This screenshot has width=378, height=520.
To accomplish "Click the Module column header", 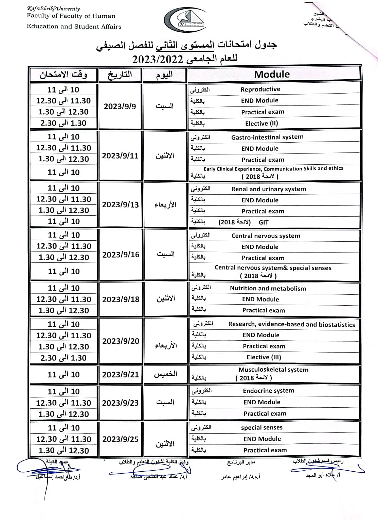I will (272, 74).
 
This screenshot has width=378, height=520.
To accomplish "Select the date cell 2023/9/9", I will (120, 106).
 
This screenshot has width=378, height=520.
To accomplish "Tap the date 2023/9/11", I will (120, 156).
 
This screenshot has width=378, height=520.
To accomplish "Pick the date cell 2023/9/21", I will (121, 374).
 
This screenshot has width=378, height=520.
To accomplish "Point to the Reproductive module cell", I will (260, 89).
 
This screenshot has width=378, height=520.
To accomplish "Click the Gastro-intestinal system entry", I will (267, 137).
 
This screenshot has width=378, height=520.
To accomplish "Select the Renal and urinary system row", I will (269, 189).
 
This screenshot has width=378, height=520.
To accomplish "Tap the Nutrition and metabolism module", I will (268, 288).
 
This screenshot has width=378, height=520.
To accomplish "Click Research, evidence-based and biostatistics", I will (291, 324).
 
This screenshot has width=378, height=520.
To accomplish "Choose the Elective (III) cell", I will (264, 357).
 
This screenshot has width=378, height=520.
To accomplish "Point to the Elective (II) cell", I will (262, 123).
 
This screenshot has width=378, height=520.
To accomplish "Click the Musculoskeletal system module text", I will (273, 370).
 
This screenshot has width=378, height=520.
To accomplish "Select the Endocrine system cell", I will (269, 391).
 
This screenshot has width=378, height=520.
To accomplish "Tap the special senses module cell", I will (262, 427).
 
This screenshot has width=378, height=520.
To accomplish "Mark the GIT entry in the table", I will (264, 222).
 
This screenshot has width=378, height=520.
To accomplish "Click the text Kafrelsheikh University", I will (53, 9).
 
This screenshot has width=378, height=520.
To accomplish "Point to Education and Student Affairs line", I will (74, 26).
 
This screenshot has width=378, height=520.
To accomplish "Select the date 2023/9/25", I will (120, 439).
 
